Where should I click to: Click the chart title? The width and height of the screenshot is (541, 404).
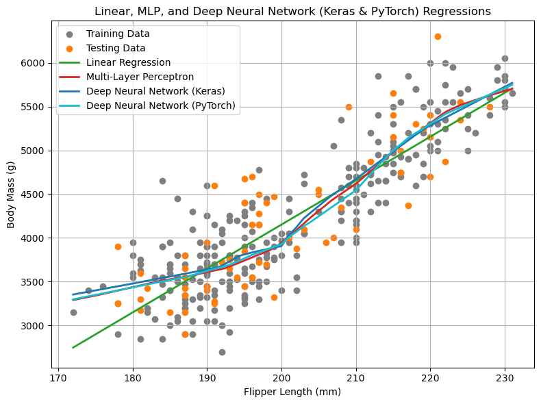(292, 12)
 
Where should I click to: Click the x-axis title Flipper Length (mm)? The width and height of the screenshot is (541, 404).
(292, 392)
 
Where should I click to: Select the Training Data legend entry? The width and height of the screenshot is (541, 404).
(118, 34)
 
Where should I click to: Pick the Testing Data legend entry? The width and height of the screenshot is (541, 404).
(115, 49)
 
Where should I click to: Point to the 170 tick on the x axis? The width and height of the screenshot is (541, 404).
(58, 377)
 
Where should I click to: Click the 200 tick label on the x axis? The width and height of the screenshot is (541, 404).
(281, 377)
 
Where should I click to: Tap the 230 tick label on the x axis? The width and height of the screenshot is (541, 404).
(505, 377)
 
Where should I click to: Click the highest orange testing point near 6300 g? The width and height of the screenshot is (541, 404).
(438, 37)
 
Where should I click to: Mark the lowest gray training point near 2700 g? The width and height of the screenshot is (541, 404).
(222, 352)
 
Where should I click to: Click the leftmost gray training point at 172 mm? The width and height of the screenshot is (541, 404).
(73, 312)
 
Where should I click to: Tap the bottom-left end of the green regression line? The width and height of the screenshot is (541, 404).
(73, 347)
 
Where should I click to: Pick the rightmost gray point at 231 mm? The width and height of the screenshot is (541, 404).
(512, 93)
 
